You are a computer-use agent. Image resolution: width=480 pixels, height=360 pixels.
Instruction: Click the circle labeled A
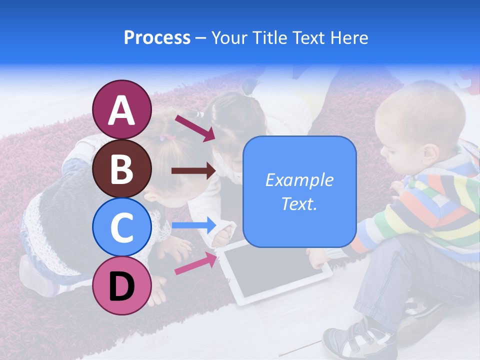tap(121, 109)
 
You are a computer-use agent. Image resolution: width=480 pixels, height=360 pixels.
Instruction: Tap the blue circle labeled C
tap(121, 227)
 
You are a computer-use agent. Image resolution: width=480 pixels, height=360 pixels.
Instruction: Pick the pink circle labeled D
tap(121, 285)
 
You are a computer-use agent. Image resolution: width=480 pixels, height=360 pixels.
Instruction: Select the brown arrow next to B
tap(193, 171)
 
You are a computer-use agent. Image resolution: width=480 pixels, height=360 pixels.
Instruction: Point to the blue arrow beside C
tap(193, 225)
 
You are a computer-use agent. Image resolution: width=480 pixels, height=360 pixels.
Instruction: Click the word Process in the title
tap(157, 37)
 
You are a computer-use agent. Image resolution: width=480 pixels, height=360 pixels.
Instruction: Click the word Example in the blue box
tap(299, 180)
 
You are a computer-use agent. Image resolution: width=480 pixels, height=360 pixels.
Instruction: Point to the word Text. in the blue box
tap(299, 203)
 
